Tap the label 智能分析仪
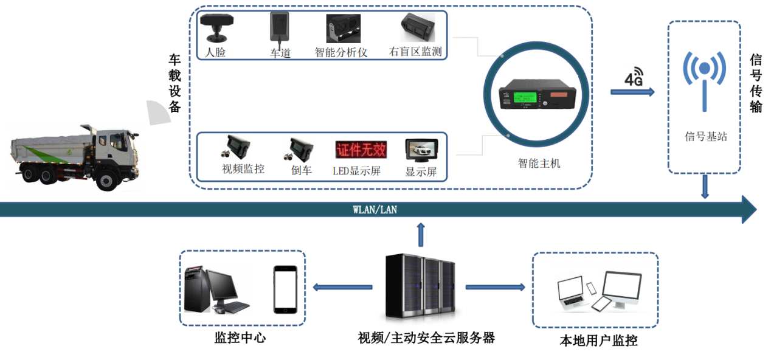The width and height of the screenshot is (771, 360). [341, 52]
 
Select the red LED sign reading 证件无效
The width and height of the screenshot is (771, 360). [361, 149]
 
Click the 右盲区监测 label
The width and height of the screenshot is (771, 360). [415, 52]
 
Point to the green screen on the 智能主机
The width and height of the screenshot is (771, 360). [523, 97]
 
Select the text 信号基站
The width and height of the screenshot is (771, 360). [705, 137]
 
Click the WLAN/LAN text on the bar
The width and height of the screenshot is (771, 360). [375, 210]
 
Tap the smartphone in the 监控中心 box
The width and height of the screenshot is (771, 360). [285, 289]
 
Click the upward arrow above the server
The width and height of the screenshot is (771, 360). [420, 234]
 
